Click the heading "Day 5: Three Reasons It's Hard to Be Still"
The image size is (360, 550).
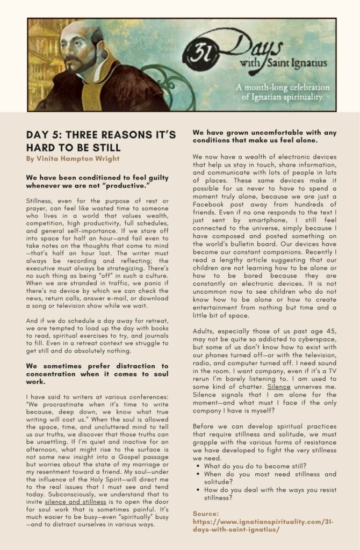(x=100, y=141)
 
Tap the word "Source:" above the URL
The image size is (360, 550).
(x=206, y=513)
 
